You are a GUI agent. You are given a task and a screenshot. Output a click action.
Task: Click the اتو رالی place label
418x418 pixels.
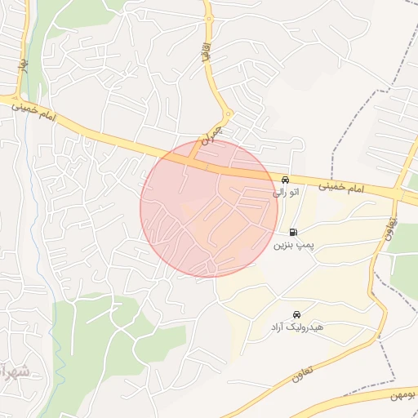pyautogui.click(x=285, y=193)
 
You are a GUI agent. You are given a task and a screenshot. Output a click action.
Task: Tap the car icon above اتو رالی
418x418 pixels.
pyautogui.click(x=285, y=180)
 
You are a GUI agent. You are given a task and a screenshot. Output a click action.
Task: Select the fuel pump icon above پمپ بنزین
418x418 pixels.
pyautogui.click(x=293, y=232)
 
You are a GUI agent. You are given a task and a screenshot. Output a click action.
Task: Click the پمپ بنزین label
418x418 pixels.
pyautogui.click(x=293, y=244)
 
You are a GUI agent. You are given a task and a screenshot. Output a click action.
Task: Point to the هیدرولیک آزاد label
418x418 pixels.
pyautogui.click(x=298, y=327)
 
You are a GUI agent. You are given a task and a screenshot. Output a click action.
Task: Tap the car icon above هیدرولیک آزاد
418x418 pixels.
pyautogui.click(x=296, y=314)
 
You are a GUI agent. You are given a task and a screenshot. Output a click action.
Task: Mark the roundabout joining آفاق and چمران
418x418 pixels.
pyautogui.click(x=229, y=113)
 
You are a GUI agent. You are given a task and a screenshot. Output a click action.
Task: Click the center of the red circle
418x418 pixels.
pyautogui.click(x=209, y=208)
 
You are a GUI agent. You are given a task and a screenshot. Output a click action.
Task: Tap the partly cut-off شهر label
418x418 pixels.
pyautogui.click(x=15, y=372)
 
